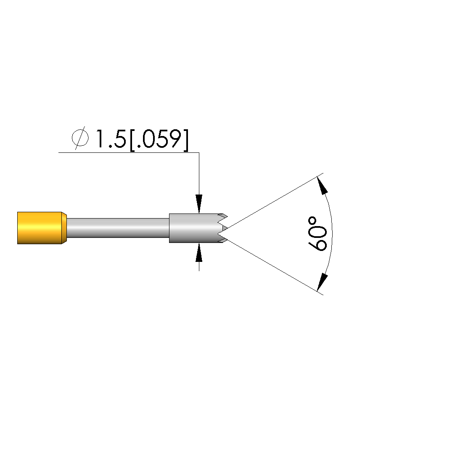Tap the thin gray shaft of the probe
tap(118, 228)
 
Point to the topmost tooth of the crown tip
tap(223, 216)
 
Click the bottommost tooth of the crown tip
tap(223, 240)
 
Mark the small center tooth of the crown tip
tap(225, 228)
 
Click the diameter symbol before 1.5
tap(80, 138)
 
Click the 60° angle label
tap(317, 233)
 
